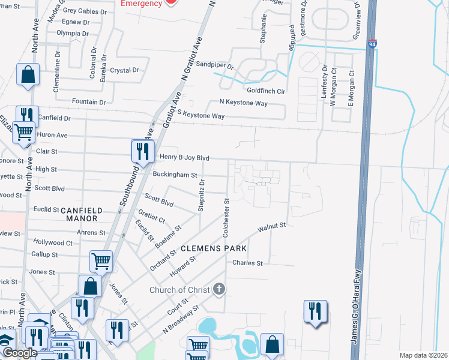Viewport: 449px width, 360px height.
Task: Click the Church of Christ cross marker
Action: click(219, 290)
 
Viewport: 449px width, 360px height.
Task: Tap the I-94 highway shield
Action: click(372, 44)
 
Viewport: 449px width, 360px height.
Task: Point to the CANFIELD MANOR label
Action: click(89, 211)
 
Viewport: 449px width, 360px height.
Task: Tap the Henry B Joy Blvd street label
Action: click(185, 158)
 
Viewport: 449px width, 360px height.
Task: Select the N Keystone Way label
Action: click(243, 103)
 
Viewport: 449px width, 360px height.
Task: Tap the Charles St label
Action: click(247, 263)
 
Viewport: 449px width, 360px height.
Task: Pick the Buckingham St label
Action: click(175, 175)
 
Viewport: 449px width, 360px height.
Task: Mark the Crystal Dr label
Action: click(125, 70)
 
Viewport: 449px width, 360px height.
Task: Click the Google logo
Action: click(19, 353)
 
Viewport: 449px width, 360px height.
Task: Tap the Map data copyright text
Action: click(423, 355)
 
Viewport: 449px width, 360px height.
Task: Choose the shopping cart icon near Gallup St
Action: click(101, 261)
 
